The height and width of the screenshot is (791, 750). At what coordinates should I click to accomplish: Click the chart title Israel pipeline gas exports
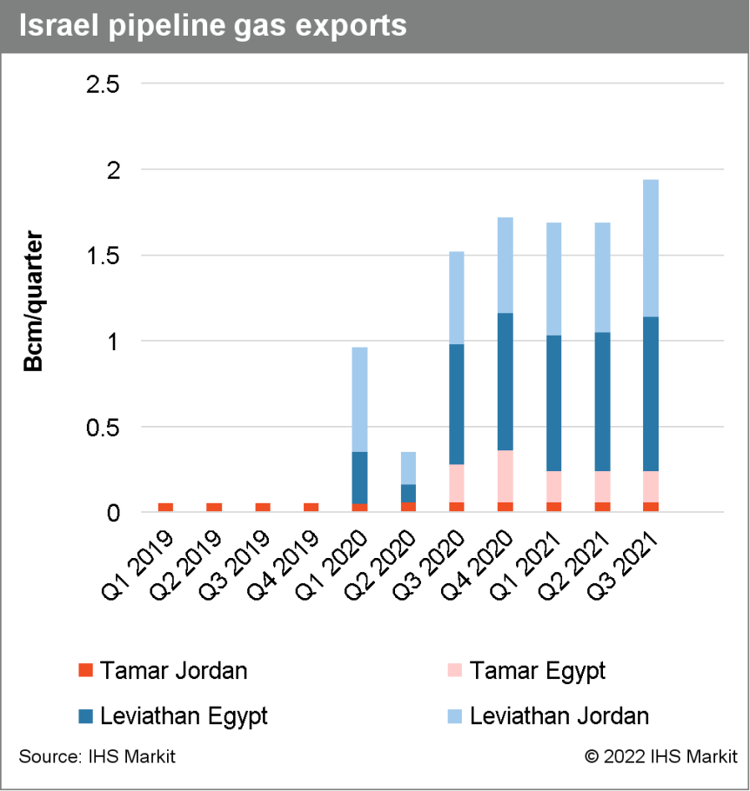(212, 25)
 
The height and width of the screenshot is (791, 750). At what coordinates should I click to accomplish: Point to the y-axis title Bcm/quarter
(34, 301)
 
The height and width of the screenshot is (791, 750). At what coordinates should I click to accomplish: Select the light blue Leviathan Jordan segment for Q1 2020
(359, 399)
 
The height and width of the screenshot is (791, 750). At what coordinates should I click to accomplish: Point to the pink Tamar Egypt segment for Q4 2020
(505, 476)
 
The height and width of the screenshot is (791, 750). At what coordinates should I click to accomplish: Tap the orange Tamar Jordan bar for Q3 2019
(262, 508)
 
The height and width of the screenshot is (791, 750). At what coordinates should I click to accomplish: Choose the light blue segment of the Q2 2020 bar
(408, 468)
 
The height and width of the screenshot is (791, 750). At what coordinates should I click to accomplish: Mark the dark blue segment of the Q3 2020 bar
(456, 404)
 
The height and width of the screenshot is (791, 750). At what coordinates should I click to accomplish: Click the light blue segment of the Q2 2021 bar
(601, 277)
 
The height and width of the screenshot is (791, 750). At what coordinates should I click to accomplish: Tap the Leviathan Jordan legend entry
(548, 716)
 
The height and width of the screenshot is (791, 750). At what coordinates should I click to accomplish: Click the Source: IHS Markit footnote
(97, 757)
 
